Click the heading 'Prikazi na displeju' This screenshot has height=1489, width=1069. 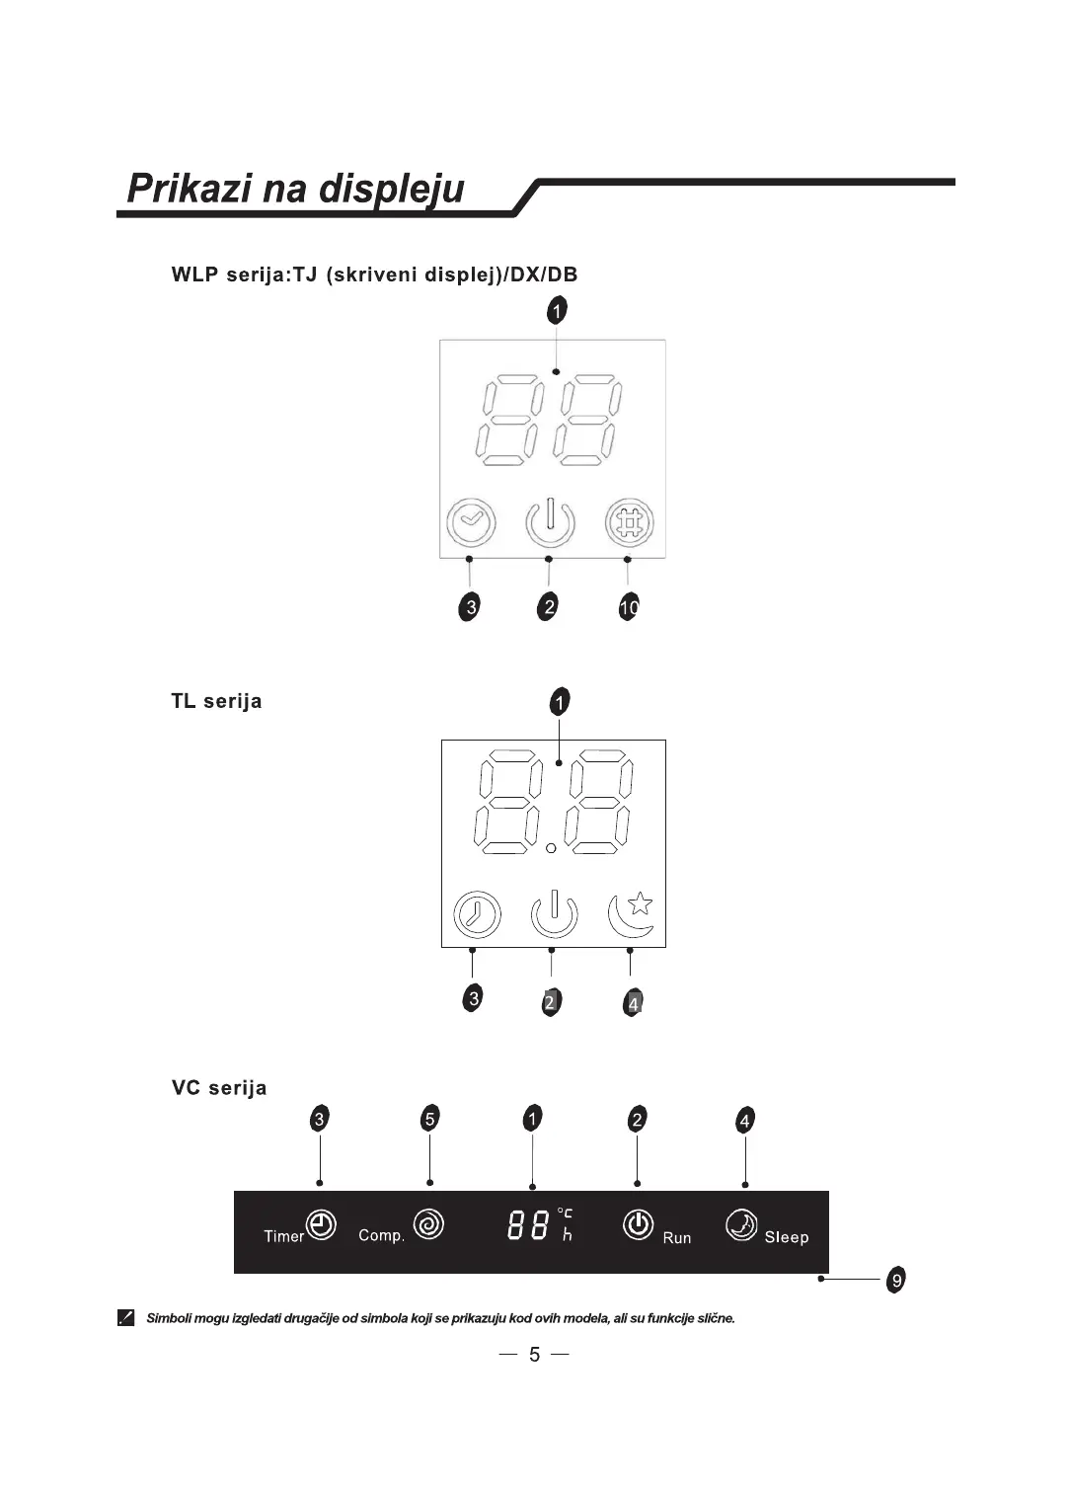(x=295, y=188)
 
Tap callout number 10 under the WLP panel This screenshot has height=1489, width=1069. (x=629, y=607)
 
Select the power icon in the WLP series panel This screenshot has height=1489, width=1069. (x=550, y=522)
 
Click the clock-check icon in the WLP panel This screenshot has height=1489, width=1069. (x=471, y=522)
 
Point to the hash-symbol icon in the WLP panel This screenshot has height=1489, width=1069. (x=630, y=522)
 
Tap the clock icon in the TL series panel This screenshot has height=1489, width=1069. (x=477, y=914)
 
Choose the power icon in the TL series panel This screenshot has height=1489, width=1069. (x=554, y=914)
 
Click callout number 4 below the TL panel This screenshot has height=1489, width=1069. (x=634, y=1003)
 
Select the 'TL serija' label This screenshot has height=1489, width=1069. (x=216, y=701)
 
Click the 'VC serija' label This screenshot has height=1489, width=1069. (x=219, y=1088)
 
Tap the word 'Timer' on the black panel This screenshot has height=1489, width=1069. (x=283, y=1236)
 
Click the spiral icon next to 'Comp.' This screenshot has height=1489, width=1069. (x=428, y=1225)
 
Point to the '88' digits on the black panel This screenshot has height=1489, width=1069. (x=528, y=1227)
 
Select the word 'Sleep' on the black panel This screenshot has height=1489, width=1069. (x=786, y=1237)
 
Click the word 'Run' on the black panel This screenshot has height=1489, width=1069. (x=677, y=1238)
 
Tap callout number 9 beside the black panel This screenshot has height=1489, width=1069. (x=895, y=1280)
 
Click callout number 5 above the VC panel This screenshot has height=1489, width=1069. (x=429, y=1119)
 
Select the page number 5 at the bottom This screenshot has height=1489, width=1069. (x=534, y=1354)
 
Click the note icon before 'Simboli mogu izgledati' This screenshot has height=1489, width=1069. (x=125, y=1318)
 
